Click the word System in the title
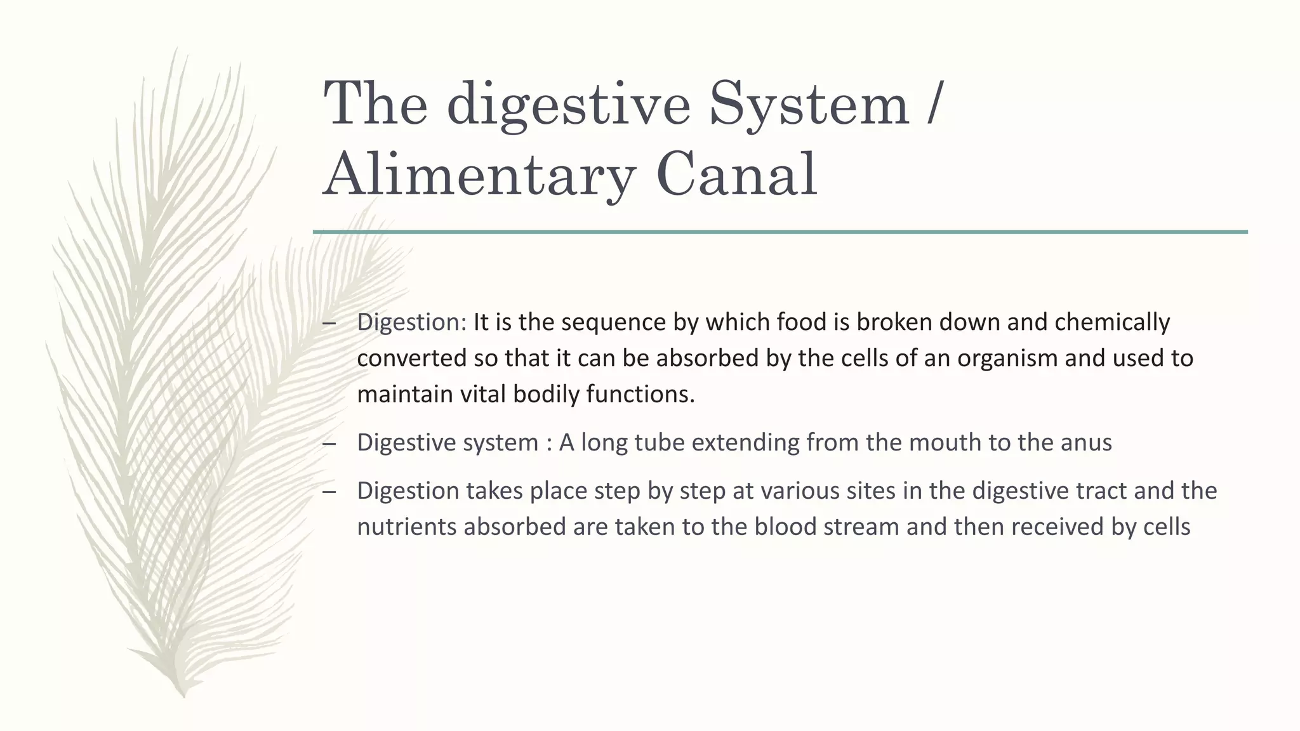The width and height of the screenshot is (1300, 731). [809, 105]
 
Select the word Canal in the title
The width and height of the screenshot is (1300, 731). [736, 175]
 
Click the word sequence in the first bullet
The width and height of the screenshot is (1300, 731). [614, 322]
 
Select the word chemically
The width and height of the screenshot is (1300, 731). [1111, 322]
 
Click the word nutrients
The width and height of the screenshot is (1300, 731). [407, 527]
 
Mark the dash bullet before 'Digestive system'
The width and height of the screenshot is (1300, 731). [329, 443]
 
